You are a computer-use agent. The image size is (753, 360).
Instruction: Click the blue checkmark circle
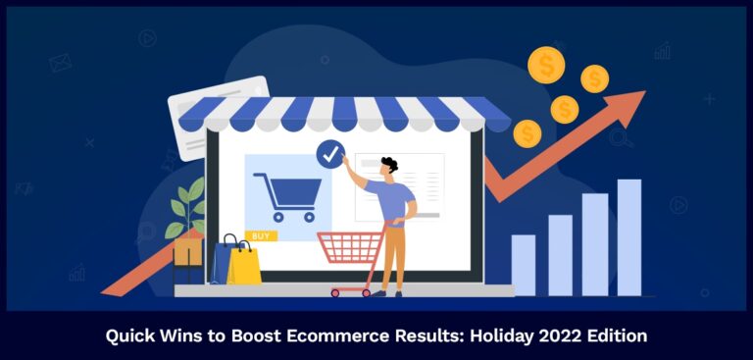(330, 153)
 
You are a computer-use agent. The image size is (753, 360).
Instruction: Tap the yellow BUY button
(260, 235)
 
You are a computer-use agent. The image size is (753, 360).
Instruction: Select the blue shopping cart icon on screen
(286, 194)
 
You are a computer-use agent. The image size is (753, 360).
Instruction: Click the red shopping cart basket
(350, 248)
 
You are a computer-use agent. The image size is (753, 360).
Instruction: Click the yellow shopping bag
(245, 263)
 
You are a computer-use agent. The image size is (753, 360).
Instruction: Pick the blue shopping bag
(225, 259)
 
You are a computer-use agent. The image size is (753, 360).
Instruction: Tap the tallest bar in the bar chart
(628, 236)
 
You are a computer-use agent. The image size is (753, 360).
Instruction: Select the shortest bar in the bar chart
(524, 265)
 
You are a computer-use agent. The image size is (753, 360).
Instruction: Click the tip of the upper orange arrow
(638, 96)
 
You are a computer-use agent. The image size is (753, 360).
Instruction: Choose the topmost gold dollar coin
(546, 65)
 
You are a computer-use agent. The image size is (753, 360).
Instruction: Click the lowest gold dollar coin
(527, 133)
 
